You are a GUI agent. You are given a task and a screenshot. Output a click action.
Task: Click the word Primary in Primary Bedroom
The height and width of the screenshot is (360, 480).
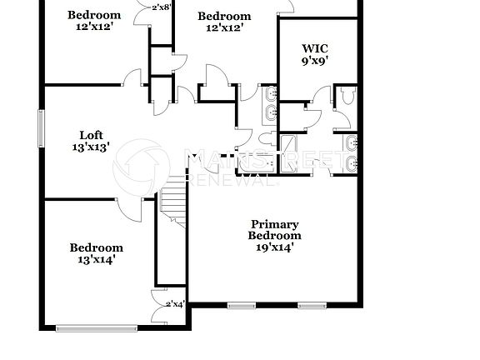pyautogui.click(x=274, y=224)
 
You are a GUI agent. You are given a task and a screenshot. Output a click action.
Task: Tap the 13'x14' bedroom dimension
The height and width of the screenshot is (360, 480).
pyautogui.click(x=96, y=259)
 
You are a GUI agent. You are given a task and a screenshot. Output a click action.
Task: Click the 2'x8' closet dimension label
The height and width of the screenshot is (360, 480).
pyautogui.click(x=162, y=7)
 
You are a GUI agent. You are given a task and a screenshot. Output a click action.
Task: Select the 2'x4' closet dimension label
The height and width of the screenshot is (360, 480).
pyautogui.click(x=175, y=304)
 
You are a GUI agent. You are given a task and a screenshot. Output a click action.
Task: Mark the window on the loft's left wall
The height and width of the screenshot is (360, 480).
pyautogui.click(x=40, y=128)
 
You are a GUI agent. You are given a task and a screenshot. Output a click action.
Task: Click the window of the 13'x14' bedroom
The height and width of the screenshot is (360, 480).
pyautogui.click(x=95, y=327)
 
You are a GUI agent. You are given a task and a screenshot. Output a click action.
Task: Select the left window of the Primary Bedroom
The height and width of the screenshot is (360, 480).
pyautogui.click(x=240, y=306)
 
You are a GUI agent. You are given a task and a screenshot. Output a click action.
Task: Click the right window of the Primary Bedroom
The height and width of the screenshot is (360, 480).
pyautogui.click(x=312, y=306)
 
